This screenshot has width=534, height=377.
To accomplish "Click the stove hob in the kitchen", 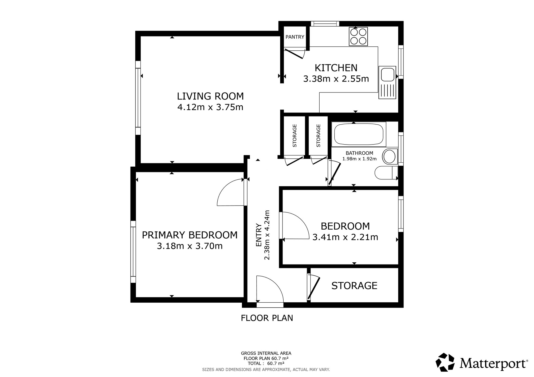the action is coord(358,36).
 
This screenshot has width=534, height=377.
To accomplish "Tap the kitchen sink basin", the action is coord(387,74).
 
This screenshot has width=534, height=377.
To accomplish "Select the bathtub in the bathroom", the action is coord(359,134).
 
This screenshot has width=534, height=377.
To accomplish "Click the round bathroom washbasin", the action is coord(390,157).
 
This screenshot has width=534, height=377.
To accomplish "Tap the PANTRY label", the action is coord(295,37).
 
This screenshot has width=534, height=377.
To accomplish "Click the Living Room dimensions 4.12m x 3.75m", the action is coord(210,107).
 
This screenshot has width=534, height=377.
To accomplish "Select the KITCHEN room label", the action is coord(336,68).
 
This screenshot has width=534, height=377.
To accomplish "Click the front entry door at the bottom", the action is coord(270,289).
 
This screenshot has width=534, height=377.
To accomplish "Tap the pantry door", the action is coord(295,54).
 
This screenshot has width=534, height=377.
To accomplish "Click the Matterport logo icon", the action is coord(445,362).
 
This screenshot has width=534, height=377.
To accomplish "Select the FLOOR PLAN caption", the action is coord(267,318).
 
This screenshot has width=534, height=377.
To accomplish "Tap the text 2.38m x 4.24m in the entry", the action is coord(267,235).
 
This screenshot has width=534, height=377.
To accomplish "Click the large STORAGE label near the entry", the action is coord(354,286).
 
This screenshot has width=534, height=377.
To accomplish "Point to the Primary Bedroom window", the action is coord(133,252).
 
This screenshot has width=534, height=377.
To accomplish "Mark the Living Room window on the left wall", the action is coord(138,98).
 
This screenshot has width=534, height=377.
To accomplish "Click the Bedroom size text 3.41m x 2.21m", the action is coord(345,237).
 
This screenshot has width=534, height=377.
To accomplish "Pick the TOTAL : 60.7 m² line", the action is coord(266,363).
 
